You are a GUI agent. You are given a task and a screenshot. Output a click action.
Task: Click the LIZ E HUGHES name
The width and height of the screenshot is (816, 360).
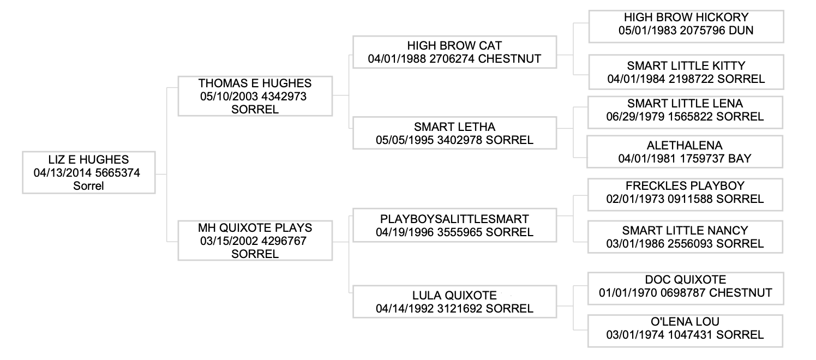[x=88, y=160]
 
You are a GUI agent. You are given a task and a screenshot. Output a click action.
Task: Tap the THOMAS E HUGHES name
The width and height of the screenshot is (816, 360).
[x=255, y=83]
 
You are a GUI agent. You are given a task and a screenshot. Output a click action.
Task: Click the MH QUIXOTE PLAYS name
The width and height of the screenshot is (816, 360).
[x=255, y=228]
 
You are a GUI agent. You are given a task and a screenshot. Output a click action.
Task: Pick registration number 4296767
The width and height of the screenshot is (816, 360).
[x=284, y=241]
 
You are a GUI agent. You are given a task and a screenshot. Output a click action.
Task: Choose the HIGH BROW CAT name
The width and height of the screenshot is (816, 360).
[x=454, y=46]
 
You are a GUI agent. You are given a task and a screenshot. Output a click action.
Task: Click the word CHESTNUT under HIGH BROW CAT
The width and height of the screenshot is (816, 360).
[x=509, y=59]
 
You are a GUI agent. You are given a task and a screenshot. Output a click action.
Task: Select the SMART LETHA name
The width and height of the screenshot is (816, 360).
[x=454, y=127]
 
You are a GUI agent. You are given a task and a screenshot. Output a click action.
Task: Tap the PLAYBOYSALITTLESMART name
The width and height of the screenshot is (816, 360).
[x=454, y=219]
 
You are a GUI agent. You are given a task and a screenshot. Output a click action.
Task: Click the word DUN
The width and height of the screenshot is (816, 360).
[x=741, y=30]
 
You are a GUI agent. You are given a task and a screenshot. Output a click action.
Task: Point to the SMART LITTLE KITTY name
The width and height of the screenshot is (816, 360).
[x=686, y=66]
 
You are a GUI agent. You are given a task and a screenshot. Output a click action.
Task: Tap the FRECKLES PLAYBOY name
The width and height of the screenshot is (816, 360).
[x=685, y=186]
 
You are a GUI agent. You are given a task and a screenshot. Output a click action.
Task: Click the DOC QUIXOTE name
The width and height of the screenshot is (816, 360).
[x=685, y=280]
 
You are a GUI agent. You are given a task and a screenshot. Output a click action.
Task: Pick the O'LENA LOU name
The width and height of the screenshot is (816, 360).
[x=685, y=322]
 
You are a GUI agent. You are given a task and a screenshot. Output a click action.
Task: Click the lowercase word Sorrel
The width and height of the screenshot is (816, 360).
[x=88, y=186]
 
